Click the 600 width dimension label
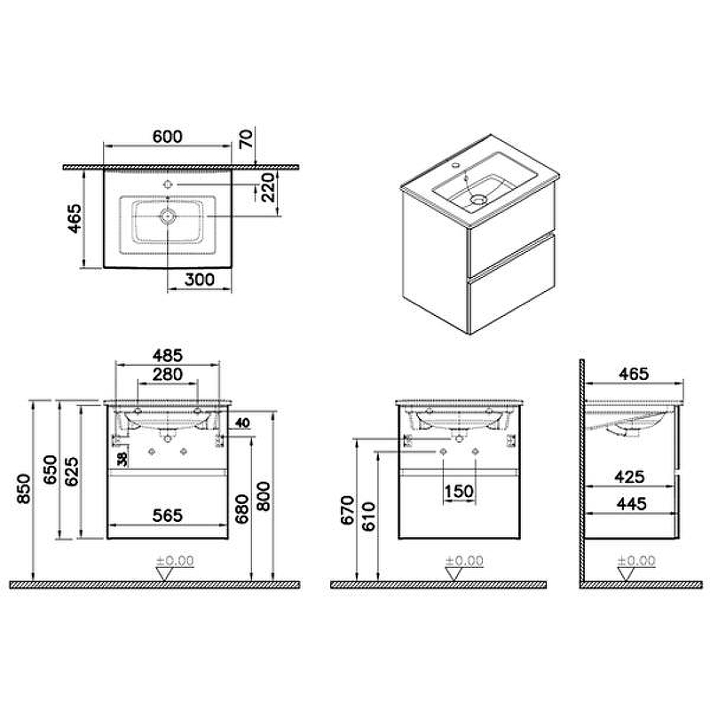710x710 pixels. (x=168, y=137)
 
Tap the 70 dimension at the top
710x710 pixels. (x=246, y=139)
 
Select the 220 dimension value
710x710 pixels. (x=267, y=187)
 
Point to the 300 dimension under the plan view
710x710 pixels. (x=200, y=280)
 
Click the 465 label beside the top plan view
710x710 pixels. (x=75, y=218)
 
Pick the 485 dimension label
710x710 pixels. (x=168, y=356)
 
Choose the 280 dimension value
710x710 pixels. (x=168, y=375)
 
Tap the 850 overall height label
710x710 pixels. (x=24, y=489)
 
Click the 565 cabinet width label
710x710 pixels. (x=168, y=516)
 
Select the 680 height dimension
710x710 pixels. (x=242, y=509)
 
